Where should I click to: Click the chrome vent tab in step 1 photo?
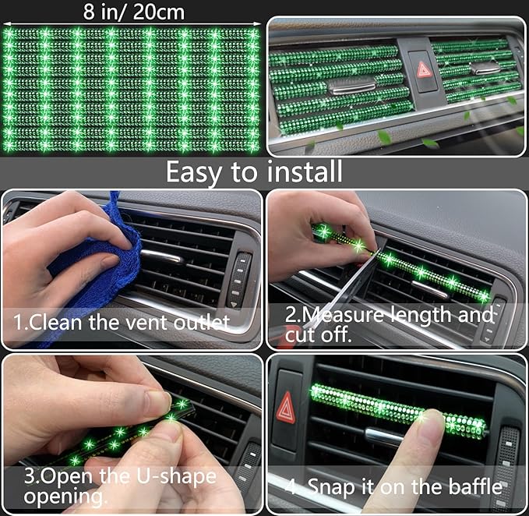pyautogui.click(x=165, y=256)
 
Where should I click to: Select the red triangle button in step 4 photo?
pyautogui.click(x=286, y=406)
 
